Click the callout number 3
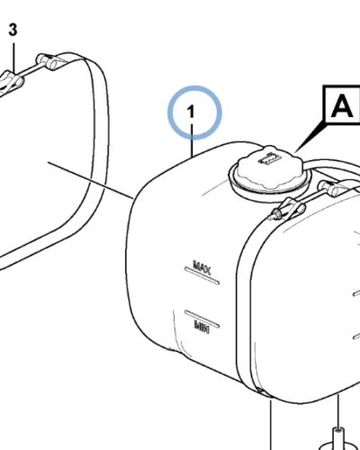(13, 30)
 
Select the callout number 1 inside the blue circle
(191, 112)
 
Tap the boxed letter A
(342, 105)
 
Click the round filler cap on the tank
(270, 169)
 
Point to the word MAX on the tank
(202, 266)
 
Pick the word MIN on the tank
(202, 327)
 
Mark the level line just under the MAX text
(202, 275)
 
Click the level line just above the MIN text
(202, 319)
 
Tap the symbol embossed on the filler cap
(269, 157)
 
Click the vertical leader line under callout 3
(13, 57)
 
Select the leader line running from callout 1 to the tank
(192, 140)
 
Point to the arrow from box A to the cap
(310, 137)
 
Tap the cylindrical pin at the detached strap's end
(48, 61)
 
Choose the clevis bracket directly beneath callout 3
(11, 80)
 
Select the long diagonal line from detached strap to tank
(91, 180)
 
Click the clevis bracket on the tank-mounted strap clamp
(292, 207)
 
